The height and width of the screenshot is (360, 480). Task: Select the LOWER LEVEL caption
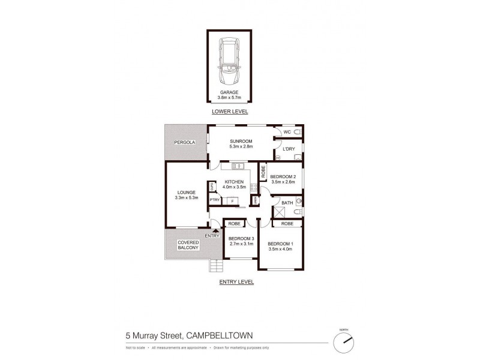click(229, 112)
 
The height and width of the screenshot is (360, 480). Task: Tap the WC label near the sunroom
click(287, 131)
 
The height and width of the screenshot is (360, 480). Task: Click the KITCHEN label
click(233, 181)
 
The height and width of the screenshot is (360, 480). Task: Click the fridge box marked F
click(232, 201)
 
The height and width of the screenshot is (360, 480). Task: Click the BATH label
click(287, 203)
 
